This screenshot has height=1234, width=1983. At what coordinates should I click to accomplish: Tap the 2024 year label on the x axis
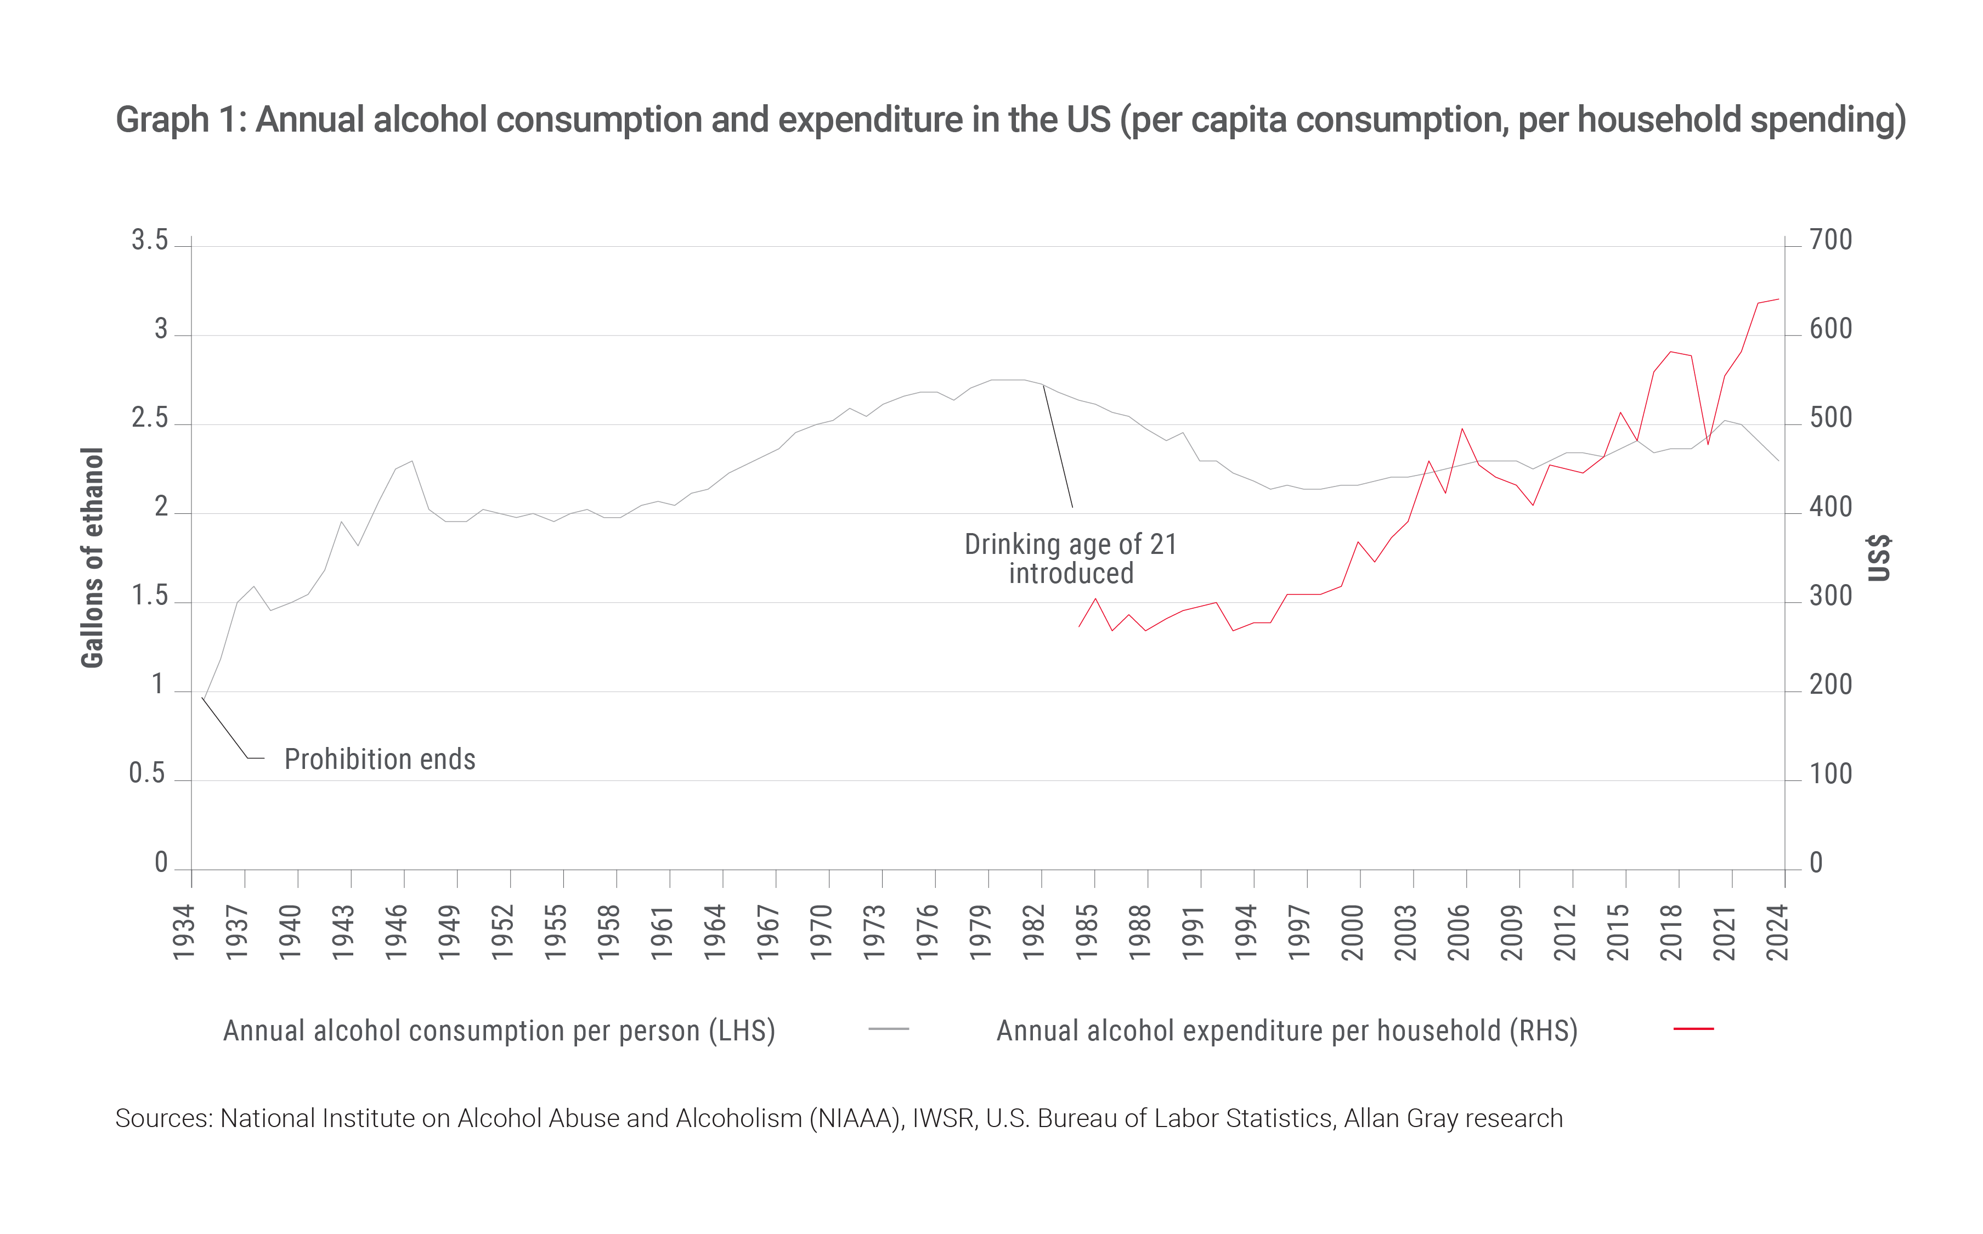coord(1777,932)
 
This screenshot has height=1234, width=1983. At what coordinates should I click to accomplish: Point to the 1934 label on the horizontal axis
coord(184,932)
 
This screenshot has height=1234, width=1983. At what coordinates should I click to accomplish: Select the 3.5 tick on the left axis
coord(149,240)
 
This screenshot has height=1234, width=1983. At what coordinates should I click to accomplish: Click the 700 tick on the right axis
coord(1831,240)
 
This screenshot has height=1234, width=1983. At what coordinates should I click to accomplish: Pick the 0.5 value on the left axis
coord(147,773)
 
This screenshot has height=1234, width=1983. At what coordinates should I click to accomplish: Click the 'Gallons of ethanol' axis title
coord(92,557)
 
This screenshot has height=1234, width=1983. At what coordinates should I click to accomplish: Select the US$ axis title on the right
coord(1879,557)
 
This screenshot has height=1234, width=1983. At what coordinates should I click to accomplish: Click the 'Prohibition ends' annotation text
coord(380,759)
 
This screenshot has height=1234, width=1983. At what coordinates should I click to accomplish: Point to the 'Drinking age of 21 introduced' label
coord(1071,558)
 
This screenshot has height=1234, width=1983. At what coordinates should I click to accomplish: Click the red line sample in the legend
coord(1693,1029)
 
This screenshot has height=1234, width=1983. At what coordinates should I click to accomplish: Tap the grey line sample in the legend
coord(889,1029)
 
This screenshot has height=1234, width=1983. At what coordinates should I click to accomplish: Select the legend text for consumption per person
coord(499,1031)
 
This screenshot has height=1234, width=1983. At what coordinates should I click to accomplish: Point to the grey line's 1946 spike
coord(412,461)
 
